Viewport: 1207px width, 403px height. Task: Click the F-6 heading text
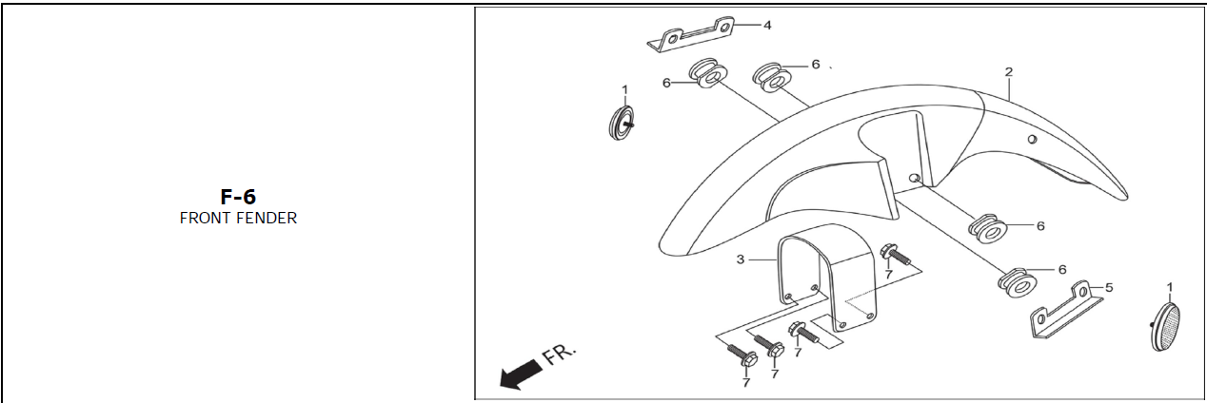238,197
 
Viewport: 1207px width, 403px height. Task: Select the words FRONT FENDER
238,219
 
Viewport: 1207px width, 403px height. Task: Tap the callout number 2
1009,72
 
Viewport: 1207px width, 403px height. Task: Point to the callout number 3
740,259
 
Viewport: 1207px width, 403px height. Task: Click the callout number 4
767,24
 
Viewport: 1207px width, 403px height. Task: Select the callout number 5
1108,286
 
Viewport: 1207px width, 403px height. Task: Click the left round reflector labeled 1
622,122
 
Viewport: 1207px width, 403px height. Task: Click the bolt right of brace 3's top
895,254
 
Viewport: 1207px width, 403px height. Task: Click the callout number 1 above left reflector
625,89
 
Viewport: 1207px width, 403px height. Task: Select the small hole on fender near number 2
1031,140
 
